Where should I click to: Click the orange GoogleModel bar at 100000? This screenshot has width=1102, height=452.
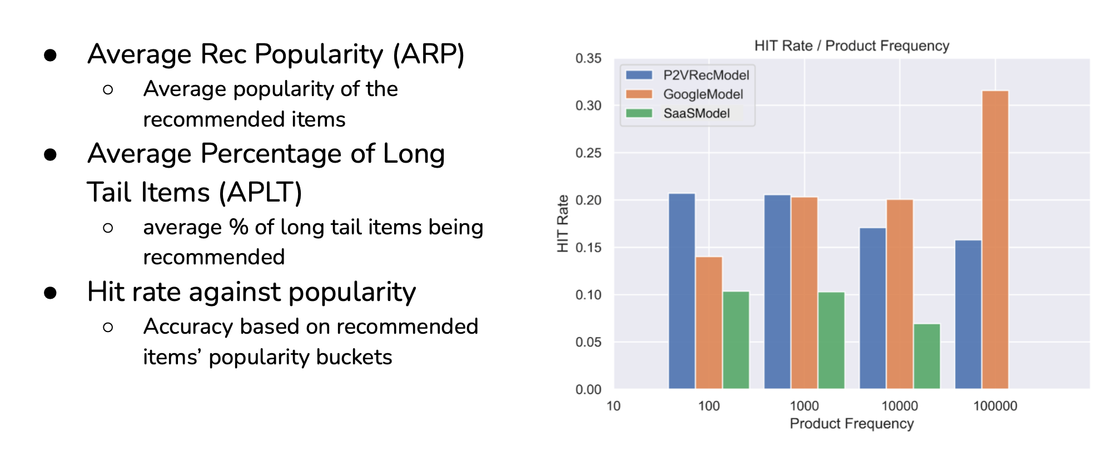coord(995,239)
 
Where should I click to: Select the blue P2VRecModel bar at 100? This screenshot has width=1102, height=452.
coord(682,291)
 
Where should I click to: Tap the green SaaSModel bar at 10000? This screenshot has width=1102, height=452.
coord(927,356)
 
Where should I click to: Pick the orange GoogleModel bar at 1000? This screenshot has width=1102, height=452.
coord(805,293)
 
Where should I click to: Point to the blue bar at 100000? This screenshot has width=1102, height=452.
coord(968,314)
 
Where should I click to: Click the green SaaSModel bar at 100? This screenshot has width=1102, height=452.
coord(736,340)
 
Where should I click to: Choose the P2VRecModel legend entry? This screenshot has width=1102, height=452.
coord(687,75)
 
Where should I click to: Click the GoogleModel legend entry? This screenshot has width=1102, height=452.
coord(684,94)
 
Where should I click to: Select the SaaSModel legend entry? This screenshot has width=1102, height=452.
coord(678,113)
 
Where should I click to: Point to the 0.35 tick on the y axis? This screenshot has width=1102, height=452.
coord(588,58)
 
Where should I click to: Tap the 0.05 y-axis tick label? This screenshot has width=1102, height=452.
coord(588,342)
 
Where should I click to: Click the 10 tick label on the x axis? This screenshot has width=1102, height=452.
coord(613,406)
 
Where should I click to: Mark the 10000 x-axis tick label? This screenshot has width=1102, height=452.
coord(900,406)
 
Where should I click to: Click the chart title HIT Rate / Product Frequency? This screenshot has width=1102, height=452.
coord(852,46)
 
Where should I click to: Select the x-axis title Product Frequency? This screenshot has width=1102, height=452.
coord(852,424)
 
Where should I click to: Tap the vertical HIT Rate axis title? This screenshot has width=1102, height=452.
coord(563,223)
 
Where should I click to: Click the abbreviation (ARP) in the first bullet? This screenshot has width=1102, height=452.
coord(429,54)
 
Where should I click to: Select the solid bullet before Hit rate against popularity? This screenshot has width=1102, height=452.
coord(51,293)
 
